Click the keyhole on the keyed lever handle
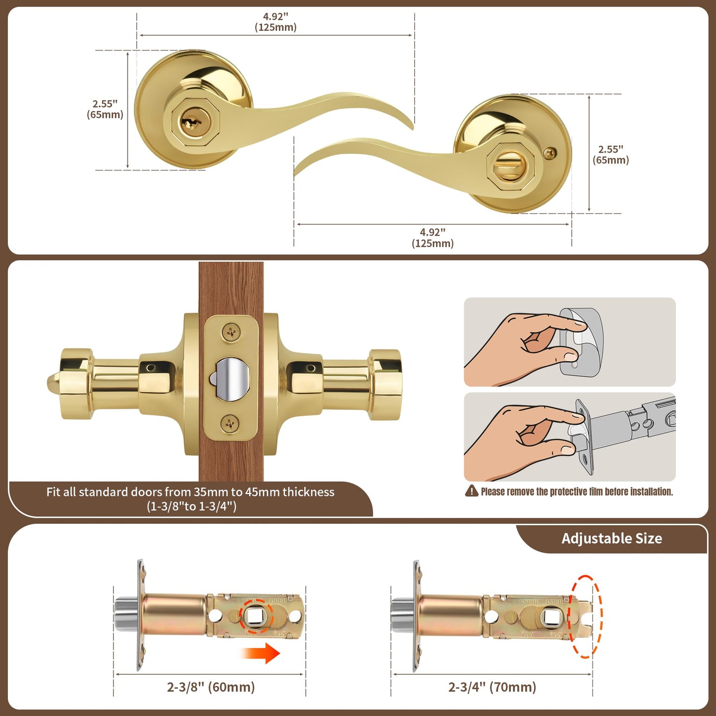click(x=188, y=122)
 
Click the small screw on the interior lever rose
click(x=549, y=154)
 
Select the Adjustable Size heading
click(x=611, y=539)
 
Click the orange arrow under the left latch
click(x=262, y=653)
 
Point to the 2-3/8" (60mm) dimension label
click(x=211, y=687)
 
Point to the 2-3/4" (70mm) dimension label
click(x=492, y=687)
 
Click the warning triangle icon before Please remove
click(x=471, y=491)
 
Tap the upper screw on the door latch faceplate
click(x=231, y=332)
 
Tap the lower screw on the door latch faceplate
click(x=230, y=424)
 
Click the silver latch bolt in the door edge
click(x=231, y=378)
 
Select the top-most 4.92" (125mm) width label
click(x=275, y=22)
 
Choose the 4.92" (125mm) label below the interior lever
click(x=433, y=238)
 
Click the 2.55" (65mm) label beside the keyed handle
click(x=105, y=110)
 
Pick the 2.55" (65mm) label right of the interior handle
click(x=610, y=155)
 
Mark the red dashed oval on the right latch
click(x=586, y=616)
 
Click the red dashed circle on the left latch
click(x=256, y=616)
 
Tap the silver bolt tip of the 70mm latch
click(x=399, y=614)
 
